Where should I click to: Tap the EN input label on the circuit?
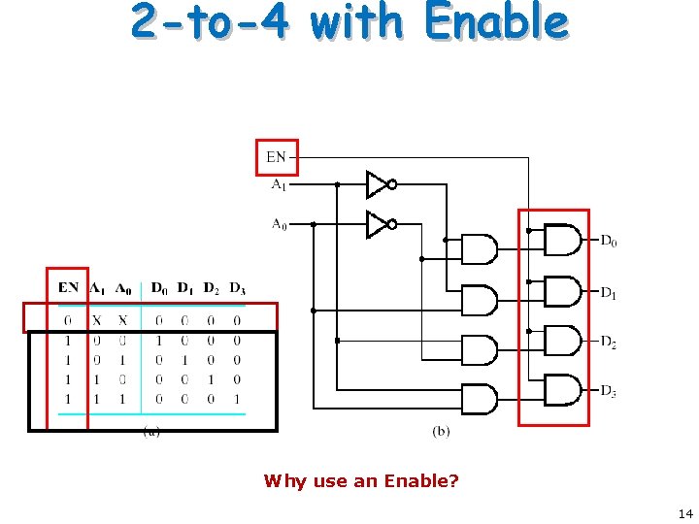point(277,155)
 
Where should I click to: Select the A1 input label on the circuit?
point(278,182)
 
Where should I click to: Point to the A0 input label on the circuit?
point(279,224)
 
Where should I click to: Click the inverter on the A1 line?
point(380,183)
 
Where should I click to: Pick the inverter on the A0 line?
point(380,224)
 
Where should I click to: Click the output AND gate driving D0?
point(563,239)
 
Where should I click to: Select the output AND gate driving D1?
point(563,289)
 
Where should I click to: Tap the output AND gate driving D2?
point(563,340)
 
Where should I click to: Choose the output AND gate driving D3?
point(563,390)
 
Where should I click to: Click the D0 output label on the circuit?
point(609,241)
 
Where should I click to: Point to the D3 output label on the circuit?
point(609,391)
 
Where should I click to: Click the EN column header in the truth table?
point(68,288)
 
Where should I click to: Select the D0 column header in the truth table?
point(159,288)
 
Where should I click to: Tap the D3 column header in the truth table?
point(237,288)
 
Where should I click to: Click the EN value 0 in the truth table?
point(67,320)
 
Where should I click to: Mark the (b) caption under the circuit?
point(441,431)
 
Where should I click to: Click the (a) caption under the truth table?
point(151,431)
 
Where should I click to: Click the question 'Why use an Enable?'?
point(361,480)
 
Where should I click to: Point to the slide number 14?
point(684,513)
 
